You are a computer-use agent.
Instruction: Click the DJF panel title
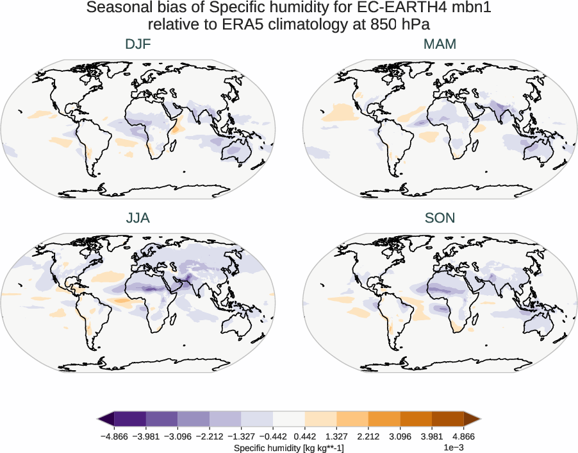(x=138, y=44)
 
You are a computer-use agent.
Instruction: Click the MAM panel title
(x=440, y=44)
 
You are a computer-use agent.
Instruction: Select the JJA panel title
(x=138, y=218)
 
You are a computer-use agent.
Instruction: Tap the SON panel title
(x=440, y=218)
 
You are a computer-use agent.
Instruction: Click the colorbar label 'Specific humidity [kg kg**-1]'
(x=289, y=447)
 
